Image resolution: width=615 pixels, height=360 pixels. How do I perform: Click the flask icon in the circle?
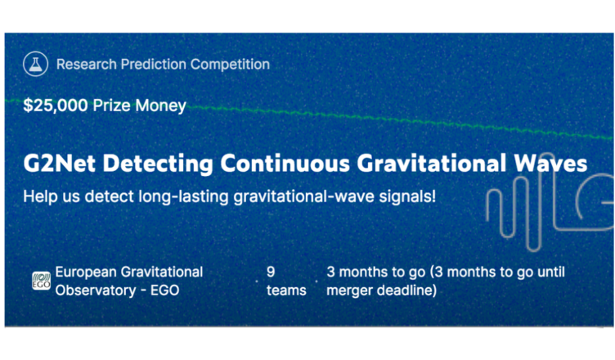(x=35, y=64)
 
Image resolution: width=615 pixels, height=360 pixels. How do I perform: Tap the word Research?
(x=87, y=64)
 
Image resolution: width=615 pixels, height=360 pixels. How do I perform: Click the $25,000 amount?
(x=56, y=106)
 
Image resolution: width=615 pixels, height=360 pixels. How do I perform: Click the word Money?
(x=160, y=106)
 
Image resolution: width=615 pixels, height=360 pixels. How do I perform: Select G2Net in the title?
(x=59, y=163)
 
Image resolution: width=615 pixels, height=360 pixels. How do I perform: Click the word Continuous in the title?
(x=285, y=163)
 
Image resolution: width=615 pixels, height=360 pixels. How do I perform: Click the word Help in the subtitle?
(x=40, y=196)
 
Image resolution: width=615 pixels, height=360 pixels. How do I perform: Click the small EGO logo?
(x=41, y=281)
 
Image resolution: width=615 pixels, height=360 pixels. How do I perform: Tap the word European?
(x=86, y=272)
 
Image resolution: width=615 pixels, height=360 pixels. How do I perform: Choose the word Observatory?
(x=96, y=291)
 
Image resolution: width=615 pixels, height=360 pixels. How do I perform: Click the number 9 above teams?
(x=271, y=272)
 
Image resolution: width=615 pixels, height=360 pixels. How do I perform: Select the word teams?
(x=286, y=290)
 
